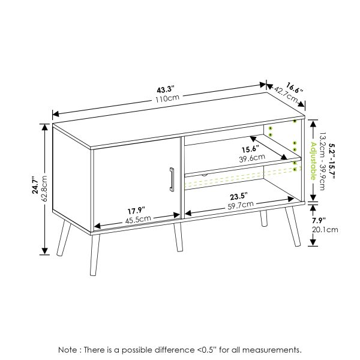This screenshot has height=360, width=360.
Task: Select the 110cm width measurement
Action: click(x=167, y=98)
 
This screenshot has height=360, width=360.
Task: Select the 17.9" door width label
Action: click(x=136, y=211)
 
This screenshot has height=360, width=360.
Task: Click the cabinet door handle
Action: click(x=172, y=179)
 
